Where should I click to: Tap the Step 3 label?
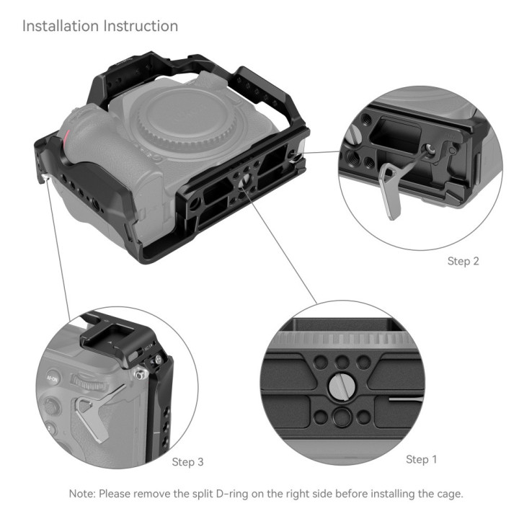click(187, 461)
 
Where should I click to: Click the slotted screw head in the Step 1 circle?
click(342, 386)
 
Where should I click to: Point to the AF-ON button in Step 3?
click(53, 378)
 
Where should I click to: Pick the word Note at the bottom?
click(82, 494)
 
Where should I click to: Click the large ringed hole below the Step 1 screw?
click(342, 416)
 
